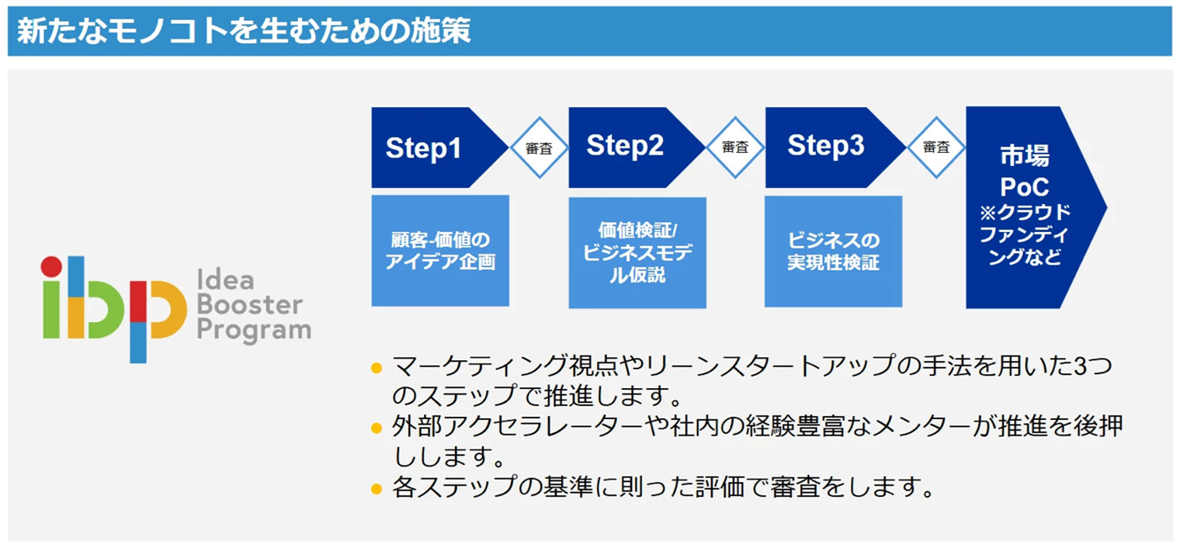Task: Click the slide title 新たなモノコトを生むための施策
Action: [244, 32]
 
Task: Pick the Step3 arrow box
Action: [828, 147]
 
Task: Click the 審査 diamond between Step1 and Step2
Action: [538, 147]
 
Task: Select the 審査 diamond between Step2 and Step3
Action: [734, 147]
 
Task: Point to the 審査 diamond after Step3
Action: [935, 147]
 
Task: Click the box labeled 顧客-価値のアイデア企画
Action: [440, 251]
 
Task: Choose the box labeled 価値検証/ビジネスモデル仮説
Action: [637, 252]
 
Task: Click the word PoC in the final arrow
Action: [1024, 187]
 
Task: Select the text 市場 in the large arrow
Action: [1024, 156]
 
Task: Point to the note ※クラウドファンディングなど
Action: [1024, 235]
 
